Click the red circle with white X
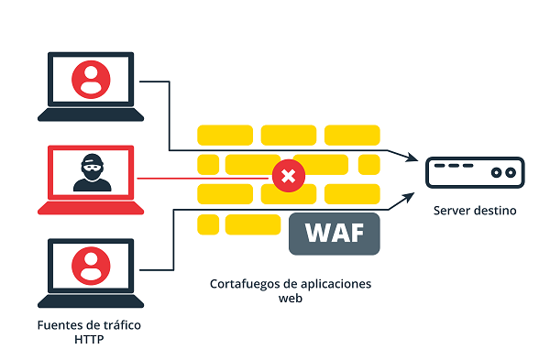288,176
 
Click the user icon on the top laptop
91,80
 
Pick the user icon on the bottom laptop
91,264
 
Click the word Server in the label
453,212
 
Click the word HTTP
90,340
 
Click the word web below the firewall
290,299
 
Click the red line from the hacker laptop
202,176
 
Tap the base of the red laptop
91,209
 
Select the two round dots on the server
503,171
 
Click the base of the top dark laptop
91,115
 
